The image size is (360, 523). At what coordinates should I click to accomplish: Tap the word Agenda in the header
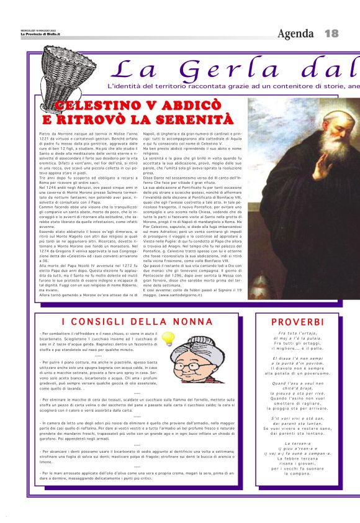295,33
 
